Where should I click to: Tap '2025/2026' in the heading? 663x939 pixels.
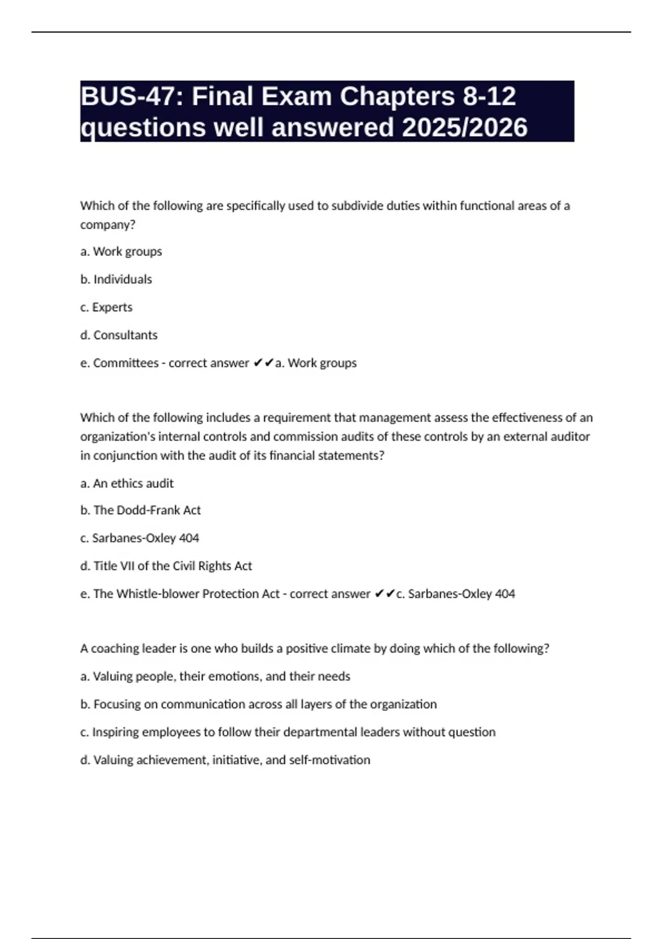(x=465, y=128)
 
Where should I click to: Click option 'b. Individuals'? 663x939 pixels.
(x=116, y=279)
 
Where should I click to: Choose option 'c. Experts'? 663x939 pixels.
(x=107, y=307)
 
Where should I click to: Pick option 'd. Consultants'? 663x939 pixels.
(x=119, y=335)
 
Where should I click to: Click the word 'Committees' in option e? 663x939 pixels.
(x=125, y=363)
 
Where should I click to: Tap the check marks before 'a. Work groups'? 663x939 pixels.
(x=264, y=363)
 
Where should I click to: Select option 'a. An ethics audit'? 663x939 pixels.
(x=127, y=483)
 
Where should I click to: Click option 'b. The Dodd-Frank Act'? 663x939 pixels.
(x=141, y=510)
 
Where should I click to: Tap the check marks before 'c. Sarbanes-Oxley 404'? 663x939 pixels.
(x=385, y=594)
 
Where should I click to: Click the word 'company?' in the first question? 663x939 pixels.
(x=108, y=225)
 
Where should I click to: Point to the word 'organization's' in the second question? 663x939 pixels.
(x=118, y=437)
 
